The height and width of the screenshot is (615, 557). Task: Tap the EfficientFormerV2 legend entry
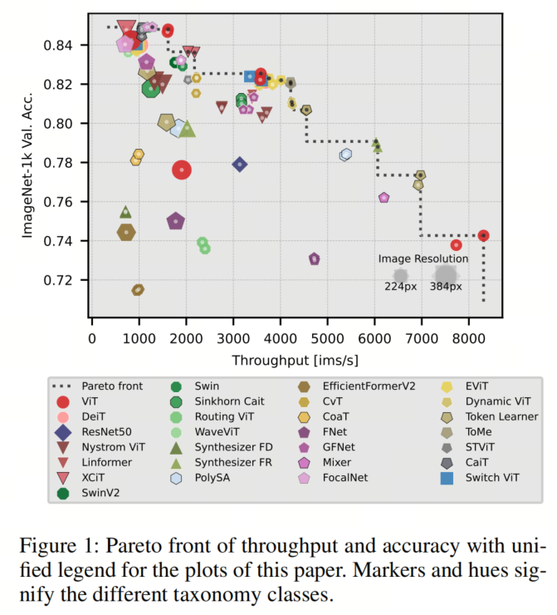pyautogui.click(x=364, y=386)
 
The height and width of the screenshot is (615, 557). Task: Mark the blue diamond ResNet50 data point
pyautogui.click(x=240, y=165)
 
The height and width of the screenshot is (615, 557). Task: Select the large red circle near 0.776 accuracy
pyautogui.click(x=182, y=170)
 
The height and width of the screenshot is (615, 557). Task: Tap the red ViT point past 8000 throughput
pyautogui.click(x=484, y=236)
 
